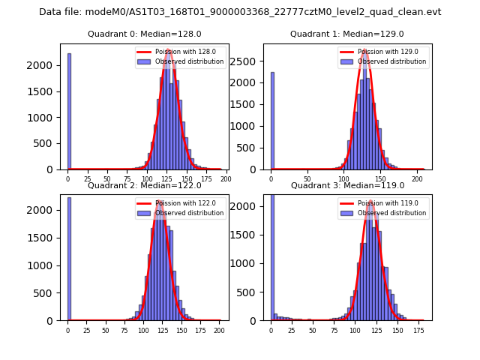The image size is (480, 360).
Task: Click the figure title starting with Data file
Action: coord(240,12)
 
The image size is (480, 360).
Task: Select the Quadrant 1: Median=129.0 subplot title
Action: coord(347,34)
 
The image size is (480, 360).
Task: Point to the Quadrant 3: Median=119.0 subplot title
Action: coord(347,185)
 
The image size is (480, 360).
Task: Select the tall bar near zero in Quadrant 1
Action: coord(272,121)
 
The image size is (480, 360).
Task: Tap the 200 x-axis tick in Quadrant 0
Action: coord(225,179)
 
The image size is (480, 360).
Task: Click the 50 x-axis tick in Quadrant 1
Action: coord(308,179)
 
